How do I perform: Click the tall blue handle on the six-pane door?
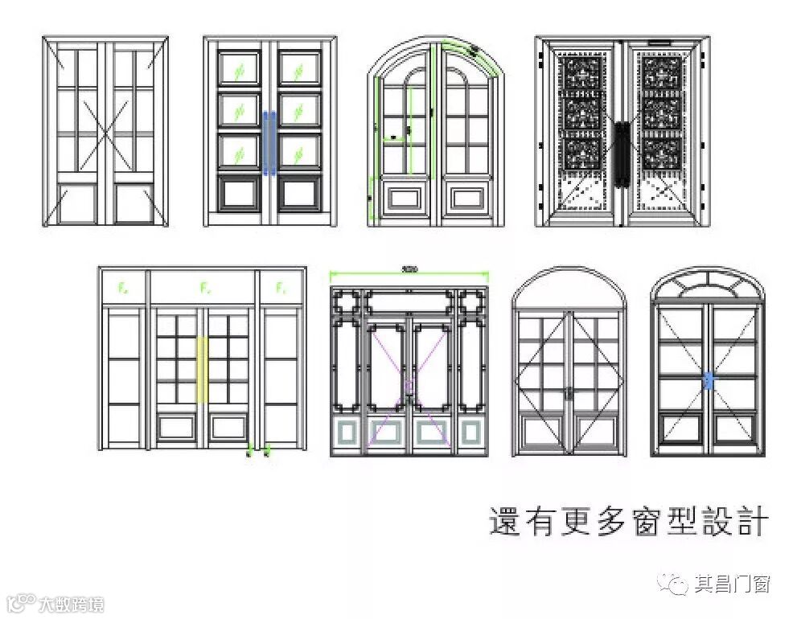269,142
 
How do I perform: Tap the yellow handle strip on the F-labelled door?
203,370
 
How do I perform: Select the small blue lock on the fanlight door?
709,381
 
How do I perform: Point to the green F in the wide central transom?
204,286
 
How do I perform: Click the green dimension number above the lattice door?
409,269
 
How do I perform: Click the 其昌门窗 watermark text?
733,584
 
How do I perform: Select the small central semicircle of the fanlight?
708,291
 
